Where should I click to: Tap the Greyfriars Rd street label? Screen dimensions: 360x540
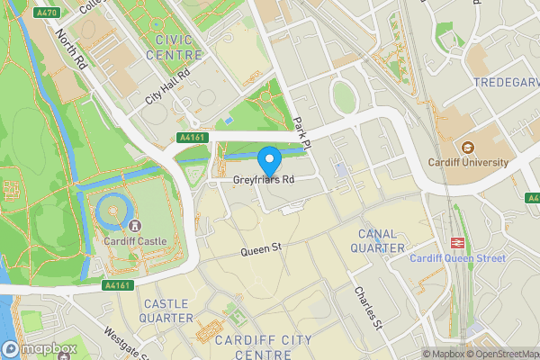(265, 180)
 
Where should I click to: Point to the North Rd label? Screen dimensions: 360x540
(70, 51)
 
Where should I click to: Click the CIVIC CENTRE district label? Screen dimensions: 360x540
(180, 47)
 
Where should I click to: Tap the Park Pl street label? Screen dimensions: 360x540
(301, 131)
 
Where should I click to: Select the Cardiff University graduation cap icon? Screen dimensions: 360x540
(467, 147)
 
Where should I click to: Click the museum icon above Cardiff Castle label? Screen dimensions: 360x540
(134, 226)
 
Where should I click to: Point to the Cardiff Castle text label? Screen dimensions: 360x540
(134, 241)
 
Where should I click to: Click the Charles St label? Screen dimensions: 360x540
(368, 307)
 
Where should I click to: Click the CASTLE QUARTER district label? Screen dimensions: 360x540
(167, 311)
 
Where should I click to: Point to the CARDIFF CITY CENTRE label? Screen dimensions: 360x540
(256, 346)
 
